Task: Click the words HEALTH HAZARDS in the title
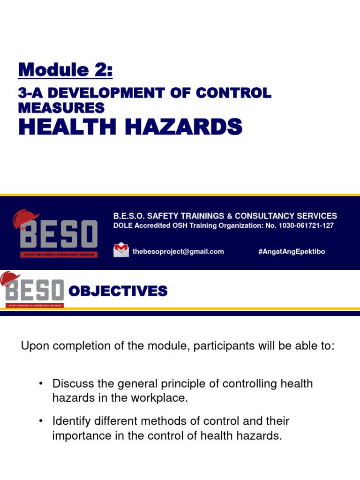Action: point(130,127)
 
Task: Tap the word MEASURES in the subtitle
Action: point(61,108)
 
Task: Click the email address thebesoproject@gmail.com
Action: point(178,252)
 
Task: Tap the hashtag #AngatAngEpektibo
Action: point(291,252)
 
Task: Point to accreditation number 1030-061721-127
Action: point(307,226)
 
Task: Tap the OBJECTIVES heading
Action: point(118,292)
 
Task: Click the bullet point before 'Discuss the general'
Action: point(41,384)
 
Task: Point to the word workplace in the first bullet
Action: point(161,398)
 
